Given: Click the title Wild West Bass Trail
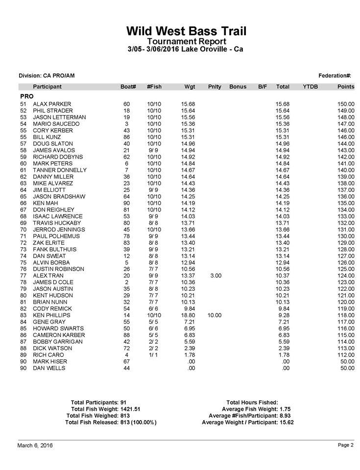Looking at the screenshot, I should [x=186, y=31].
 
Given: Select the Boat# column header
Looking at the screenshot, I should [x=128, y=87].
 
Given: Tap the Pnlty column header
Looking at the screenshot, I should [x=215, y=87].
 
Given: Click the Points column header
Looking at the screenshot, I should [x=345, y=87].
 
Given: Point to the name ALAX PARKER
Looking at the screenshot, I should [x=52, y=104].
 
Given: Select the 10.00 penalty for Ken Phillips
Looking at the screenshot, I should [x=214, y=315].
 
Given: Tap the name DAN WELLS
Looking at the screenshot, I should [x=49, y=368].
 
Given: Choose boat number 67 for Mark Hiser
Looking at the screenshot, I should [x=127, y=361].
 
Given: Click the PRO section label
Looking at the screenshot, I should [x=26, y=96].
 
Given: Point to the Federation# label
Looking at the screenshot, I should [x=335, y=75].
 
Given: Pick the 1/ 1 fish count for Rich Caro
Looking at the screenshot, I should [x=154, y=355].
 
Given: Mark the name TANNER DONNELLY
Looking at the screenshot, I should [x=60, y=170].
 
